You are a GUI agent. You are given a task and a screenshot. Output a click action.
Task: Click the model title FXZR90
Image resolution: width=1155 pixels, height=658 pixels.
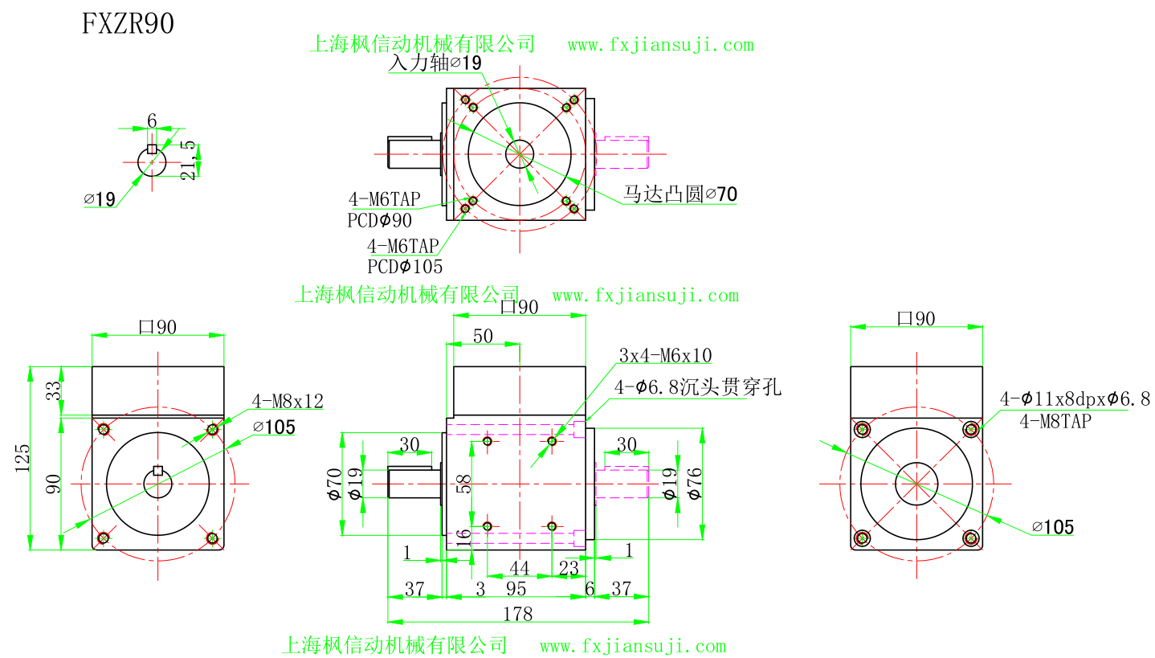coord(129,24)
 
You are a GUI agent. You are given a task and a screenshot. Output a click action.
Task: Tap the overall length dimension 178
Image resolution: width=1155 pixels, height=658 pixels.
coord(517,614)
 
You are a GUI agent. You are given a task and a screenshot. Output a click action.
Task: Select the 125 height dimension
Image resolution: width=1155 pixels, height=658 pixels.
coord(23,457)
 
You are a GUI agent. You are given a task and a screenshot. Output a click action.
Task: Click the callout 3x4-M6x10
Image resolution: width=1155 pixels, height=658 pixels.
coord(665,355)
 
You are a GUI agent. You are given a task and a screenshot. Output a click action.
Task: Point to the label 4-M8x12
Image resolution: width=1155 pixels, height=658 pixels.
coord(288,401)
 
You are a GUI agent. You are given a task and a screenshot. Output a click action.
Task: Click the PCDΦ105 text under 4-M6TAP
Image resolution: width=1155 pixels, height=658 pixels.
coord(405,267)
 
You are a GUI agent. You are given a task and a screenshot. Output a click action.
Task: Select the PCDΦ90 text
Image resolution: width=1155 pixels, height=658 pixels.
coord(379,220)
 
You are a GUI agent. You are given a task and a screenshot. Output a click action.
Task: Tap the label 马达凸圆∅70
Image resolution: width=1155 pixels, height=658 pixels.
coord(680,194)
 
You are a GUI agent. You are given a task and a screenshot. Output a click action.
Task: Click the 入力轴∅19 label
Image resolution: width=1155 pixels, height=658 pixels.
coord(435,63)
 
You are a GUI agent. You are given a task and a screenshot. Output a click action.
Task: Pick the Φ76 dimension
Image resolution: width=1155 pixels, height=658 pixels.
coord(696,484)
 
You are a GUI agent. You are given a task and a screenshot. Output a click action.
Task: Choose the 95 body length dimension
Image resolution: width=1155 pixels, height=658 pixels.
coord(516,589)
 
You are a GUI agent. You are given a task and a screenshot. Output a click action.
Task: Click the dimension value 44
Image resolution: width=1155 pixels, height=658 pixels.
coord(520,568)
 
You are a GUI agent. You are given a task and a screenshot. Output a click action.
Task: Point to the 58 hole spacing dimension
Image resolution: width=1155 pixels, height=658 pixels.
coord(464,483)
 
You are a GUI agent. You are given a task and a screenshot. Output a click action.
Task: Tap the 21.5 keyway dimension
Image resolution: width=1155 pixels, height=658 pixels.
coord(188,159)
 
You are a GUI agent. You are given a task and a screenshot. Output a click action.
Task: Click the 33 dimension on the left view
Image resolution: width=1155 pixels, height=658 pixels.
coord(54,391)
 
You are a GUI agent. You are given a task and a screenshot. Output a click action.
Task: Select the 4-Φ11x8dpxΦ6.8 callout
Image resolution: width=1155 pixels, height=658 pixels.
coord(1074,398)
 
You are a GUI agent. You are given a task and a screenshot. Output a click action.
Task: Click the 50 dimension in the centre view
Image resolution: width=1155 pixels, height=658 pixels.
coord(483,336)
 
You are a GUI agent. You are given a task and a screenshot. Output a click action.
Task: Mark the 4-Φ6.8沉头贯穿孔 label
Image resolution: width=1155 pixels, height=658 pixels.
coord(697,388)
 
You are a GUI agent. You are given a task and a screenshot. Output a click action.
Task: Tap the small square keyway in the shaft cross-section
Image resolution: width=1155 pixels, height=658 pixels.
coord(152,149)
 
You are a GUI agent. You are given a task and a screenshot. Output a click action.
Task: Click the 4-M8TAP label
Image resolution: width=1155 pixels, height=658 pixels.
coord(1055,420)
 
